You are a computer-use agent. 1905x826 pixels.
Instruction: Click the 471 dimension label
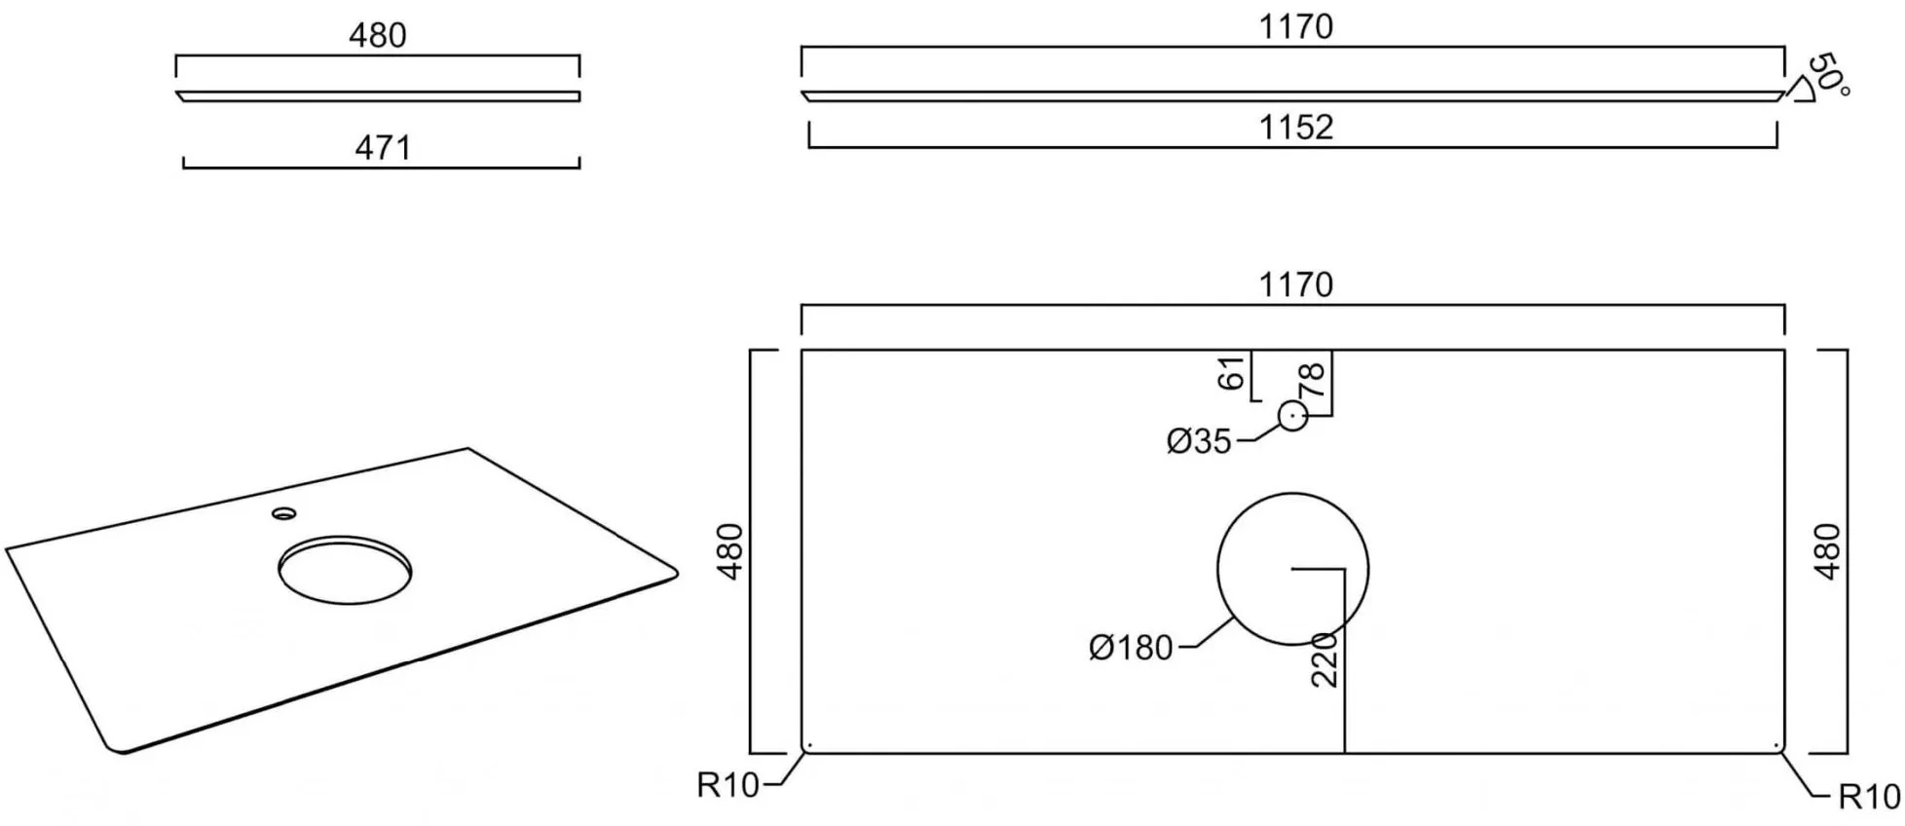click(383, 148)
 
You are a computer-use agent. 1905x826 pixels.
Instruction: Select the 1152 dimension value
click(1295, 128)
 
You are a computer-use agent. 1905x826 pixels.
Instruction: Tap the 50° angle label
click(1828, 76)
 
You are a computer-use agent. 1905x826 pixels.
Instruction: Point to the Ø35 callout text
click(1199, 441)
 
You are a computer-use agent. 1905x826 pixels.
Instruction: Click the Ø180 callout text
click(1131, 648)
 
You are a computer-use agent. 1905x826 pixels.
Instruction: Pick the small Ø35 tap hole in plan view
click(1292, 417)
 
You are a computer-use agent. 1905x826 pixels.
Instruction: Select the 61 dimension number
click(1232, 373)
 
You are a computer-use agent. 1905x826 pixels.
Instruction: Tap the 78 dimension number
click(1313, 379)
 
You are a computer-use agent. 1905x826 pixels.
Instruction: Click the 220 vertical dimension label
click(1325, 659)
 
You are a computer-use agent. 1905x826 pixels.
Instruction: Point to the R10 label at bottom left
click(728, 785)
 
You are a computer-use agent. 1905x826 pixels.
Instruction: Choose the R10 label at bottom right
click(1869, 798)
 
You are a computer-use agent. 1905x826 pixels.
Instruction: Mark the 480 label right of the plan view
click(1828, 551)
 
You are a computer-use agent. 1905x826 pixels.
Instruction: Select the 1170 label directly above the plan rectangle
click(1295, 284)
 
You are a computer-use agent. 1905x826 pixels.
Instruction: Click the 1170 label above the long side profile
click(1295, 26)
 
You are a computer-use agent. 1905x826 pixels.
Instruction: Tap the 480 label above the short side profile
click(377, 36)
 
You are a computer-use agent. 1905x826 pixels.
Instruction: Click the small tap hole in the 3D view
click(284, 512)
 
